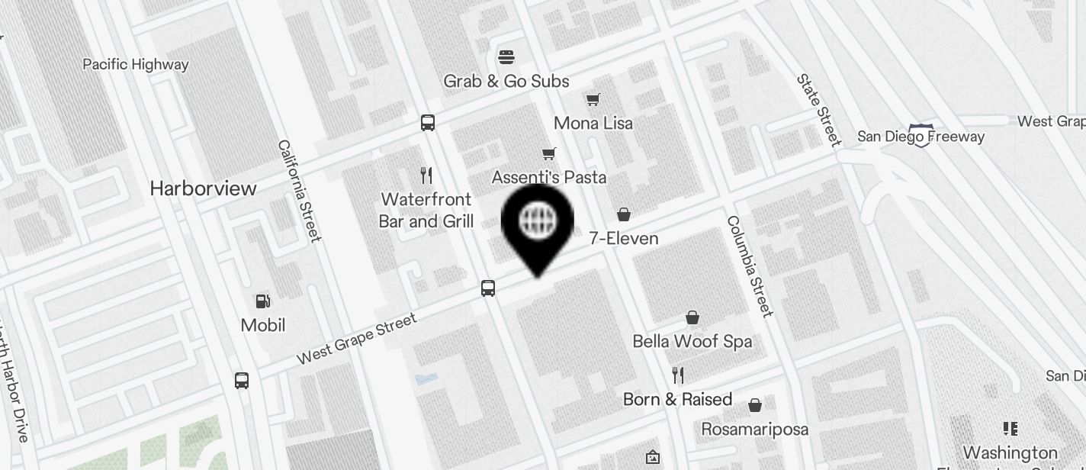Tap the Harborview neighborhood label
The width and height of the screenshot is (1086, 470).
(203, 188)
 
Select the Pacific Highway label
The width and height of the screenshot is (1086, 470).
(135, 64)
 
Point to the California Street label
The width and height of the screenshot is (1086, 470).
(299, 190)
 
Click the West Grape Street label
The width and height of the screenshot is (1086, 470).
(357, 338)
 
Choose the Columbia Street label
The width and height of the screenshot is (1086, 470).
(749, 266)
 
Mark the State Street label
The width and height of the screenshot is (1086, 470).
(819, 110)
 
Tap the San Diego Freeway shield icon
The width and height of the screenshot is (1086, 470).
(921, 136)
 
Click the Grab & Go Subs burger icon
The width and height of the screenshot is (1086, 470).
(506, 56)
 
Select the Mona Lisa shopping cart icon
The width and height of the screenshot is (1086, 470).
(593, 99)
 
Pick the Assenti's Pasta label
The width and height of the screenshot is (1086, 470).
(549, 178)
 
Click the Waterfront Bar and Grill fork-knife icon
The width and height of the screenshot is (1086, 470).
(426, 175)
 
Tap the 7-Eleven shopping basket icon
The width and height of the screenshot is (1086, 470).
(624, 214)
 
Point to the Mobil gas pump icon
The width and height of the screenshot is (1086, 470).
(263, 301)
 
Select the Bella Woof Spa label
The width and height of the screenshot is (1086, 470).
(692, 341)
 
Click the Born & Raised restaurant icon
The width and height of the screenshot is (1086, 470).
(678, 375)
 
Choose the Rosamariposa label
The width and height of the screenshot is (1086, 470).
(754, 429)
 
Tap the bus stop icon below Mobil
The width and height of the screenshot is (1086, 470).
(242, 380)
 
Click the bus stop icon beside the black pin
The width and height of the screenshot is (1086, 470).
(488, 288)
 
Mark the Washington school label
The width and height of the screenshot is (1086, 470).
(1010, 452)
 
